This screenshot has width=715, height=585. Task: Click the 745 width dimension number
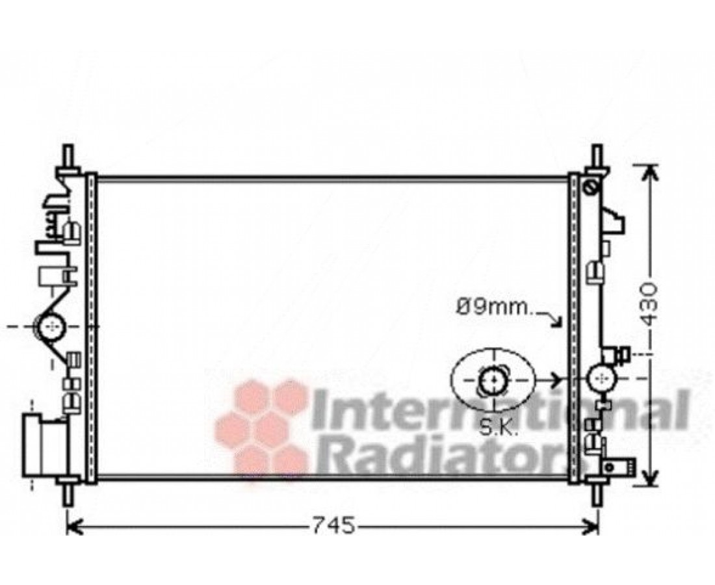[x=333, y=526]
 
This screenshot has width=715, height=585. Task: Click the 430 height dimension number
[x=649, y=304]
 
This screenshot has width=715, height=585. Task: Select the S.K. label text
[x=498, y=428]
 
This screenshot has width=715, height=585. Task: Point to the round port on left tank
[x=51, y=326]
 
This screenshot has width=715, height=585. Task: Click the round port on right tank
[x=603, y=378]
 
